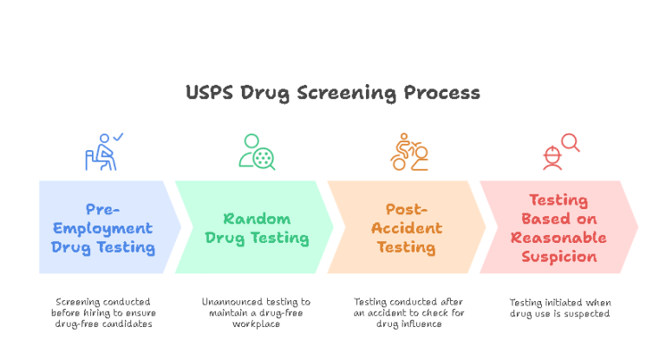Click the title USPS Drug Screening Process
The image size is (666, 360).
(x=333, y=92)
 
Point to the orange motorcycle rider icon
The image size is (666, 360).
(x=408, y=152)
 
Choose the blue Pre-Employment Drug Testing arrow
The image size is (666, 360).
(x=108, y=227)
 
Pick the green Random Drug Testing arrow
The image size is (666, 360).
(x=257, y=227)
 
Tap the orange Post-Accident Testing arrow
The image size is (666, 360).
(x=406, y=227)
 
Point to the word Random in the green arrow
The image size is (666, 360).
(x=257, y=219)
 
